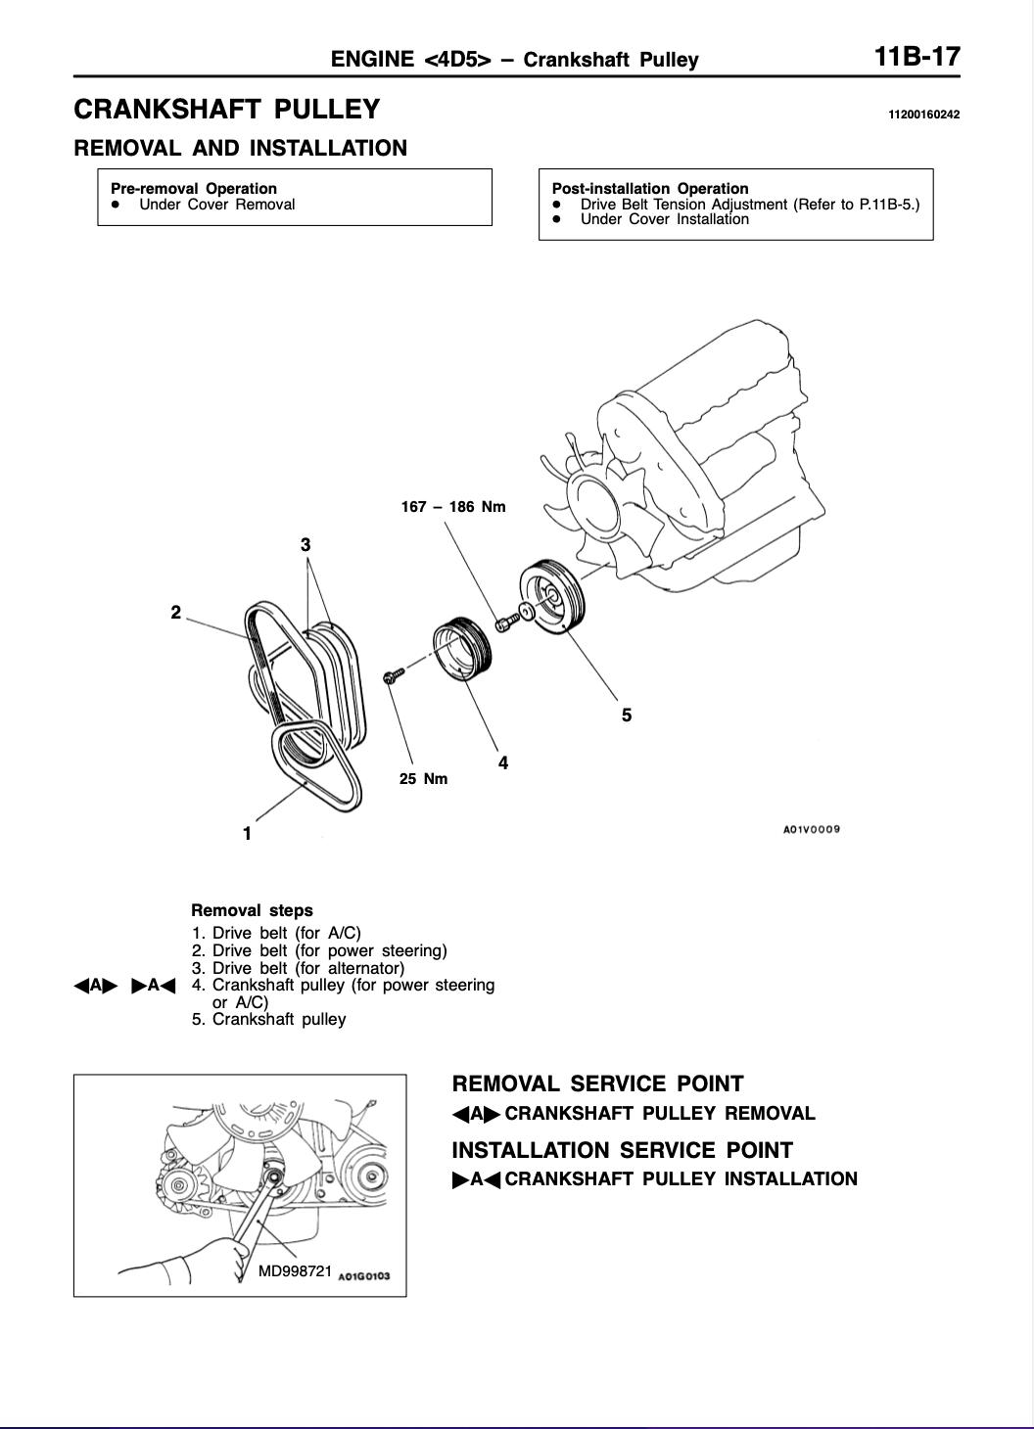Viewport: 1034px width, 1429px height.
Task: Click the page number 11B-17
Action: tap(916, 57)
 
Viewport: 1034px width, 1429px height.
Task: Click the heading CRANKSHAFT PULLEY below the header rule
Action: tap(227, 110)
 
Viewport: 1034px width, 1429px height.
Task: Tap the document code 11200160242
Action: tap(923, 115)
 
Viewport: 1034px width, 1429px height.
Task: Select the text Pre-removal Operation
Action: tap(194, 188)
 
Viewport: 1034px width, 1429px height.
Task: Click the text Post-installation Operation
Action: tap(650, 188)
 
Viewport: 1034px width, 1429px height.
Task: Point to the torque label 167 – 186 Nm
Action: tap(453, 507)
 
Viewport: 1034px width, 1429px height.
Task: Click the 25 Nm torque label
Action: tap(423, 779)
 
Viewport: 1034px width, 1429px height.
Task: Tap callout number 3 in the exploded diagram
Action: tap(305, 544)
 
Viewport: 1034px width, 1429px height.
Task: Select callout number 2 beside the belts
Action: tap(176, 613)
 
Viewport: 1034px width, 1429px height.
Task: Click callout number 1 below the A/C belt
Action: tap(248, 833)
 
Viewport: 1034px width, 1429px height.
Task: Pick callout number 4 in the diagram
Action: tap(503, 762)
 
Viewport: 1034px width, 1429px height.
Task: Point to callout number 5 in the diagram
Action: tap(627, 715)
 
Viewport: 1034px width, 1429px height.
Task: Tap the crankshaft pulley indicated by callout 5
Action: tap(551, 596)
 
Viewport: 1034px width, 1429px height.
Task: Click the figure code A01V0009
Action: tap(812, 829)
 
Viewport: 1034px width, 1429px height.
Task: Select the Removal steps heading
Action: tap(252, 910)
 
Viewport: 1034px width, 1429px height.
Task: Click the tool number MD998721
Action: tap(295, 1270)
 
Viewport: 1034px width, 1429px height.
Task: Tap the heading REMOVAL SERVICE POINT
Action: tap(597, 1083)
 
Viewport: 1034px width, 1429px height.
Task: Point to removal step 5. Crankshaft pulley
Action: tap(269, 1019)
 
